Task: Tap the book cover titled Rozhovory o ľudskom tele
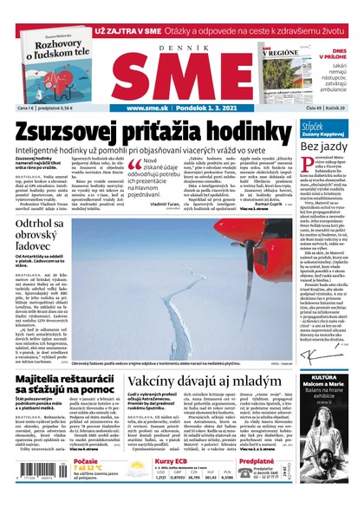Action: [54, 64]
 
